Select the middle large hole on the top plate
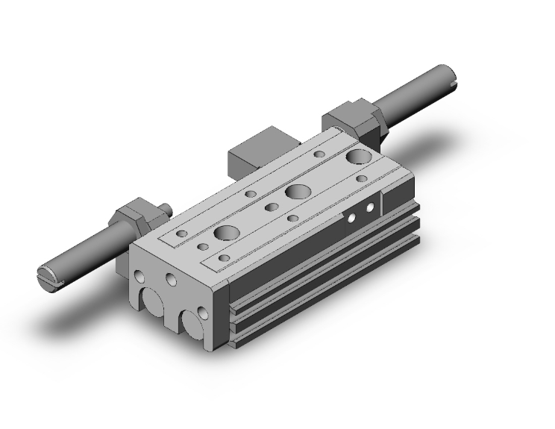pos(298,191)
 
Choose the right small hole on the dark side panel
pos(368,208)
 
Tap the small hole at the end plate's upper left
pos(140,274)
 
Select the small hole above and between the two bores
pos(172,281)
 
